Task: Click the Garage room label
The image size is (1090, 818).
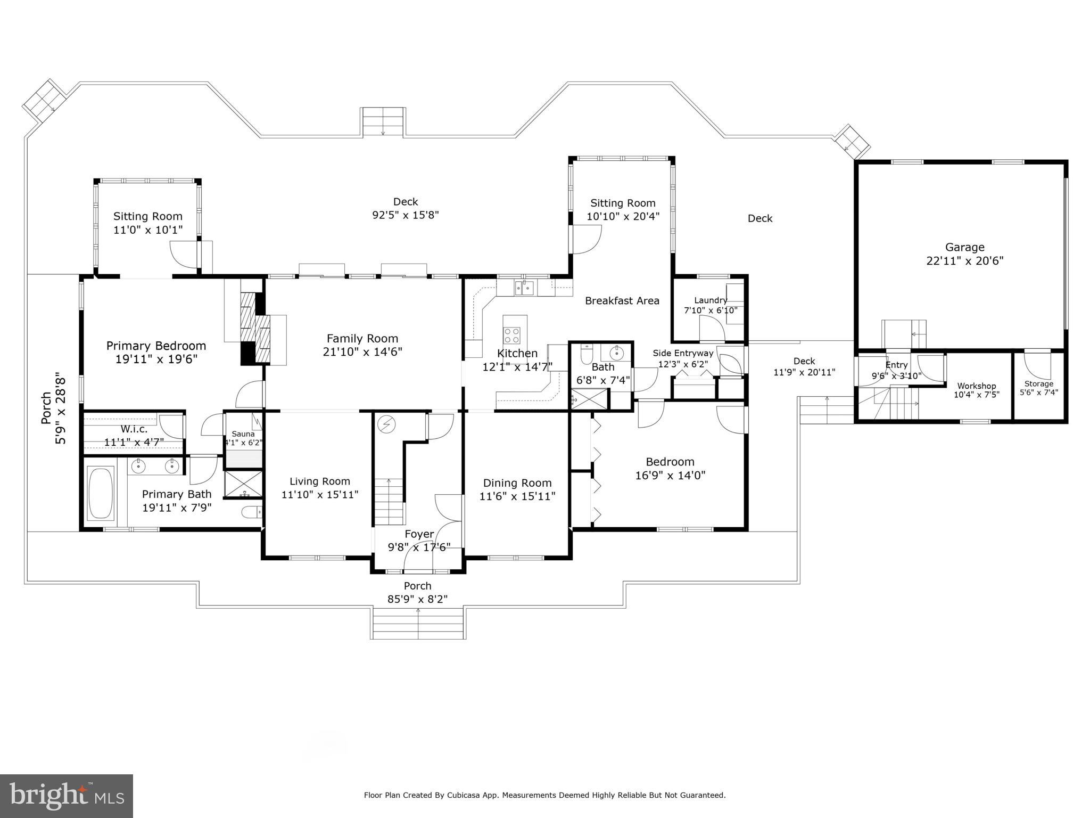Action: pos(964,247)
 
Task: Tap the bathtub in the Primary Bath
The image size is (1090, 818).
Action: pos(101,493)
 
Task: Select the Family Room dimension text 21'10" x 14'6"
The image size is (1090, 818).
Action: pos(362,352)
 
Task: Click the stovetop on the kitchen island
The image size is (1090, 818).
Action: pos(512,336)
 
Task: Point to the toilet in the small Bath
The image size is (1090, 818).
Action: pos(587,354)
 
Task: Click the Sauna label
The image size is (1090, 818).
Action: pos(243,434)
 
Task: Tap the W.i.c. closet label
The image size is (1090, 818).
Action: pos(134,429)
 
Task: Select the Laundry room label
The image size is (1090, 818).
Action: pos(710,300)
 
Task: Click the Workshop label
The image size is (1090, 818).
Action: pos(976,386)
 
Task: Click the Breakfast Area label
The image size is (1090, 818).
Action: pos(622,301)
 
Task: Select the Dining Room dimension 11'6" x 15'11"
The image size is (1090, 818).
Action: pos(517,496)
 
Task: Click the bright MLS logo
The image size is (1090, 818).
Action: pos(67,796)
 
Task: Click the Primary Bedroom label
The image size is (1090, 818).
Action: pos(156,346)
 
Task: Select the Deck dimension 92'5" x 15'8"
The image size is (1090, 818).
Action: pos(405,215)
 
